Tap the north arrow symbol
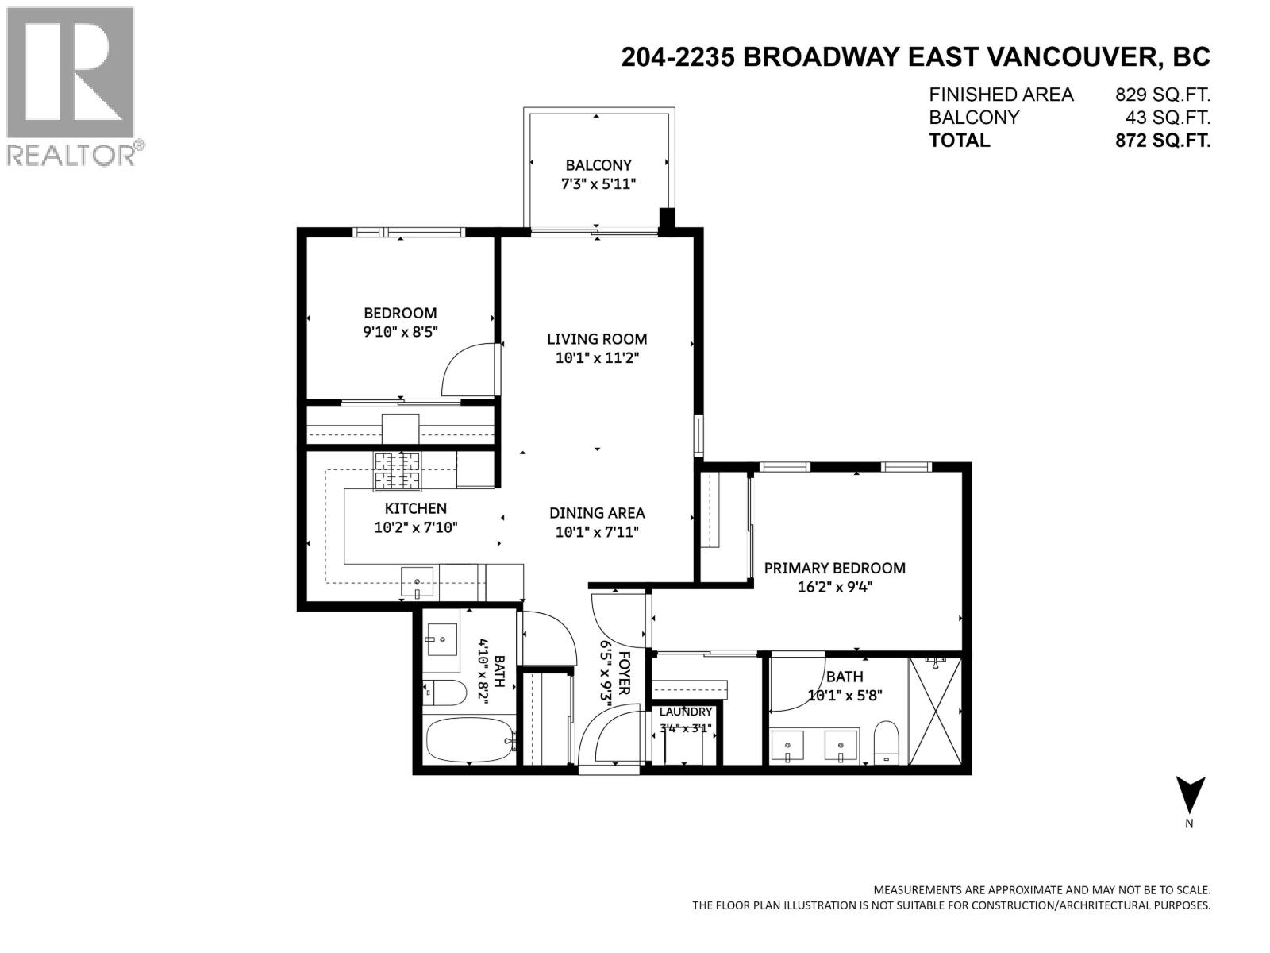(x=1190, y=795)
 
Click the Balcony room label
(x=598, y=165)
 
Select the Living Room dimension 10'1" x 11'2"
(x=597, y=358)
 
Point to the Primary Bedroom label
(x=834, y=568)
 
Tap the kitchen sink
(x=417, y=581)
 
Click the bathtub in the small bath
(x=471, y=740)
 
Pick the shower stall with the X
(x=936, y=711)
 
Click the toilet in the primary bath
(x=885, y=743)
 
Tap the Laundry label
(x=686, y=712)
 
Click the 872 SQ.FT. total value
(x=1163, y=141)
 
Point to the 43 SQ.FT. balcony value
(x=1168, y=118)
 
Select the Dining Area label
(x=597, y=513)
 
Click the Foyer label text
(x=625, y=673)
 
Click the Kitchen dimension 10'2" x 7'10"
(x=416, y=527)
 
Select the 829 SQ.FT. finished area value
(x=1163, y=95)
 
